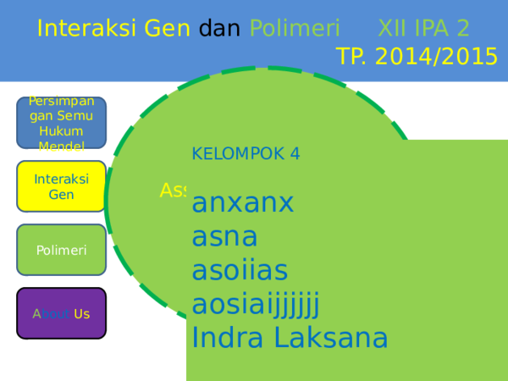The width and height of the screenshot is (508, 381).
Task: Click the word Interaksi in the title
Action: click(82, 29)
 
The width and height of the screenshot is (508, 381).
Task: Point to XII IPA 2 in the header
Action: click(423, 29)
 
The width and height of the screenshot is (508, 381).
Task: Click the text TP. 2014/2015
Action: click(417, 57)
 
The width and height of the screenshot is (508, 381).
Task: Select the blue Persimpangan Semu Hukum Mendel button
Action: click(62, 124)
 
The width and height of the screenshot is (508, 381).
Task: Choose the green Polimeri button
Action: click(62, 250)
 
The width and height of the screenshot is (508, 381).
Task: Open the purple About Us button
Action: click(62, 313)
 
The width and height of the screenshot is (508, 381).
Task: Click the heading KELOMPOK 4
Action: click(246, 153)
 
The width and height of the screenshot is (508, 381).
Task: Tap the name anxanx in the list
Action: click(243, 203)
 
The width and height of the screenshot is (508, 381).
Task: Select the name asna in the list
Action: click(224, 236)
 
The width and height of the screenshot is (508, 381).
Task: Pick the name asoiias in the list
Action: click(240, 270)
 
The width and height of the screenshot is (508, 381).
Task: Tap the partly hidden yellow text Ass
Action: click(173, 191)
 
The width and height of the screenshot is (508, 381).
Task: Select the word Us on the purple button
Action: click(81, 314)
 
